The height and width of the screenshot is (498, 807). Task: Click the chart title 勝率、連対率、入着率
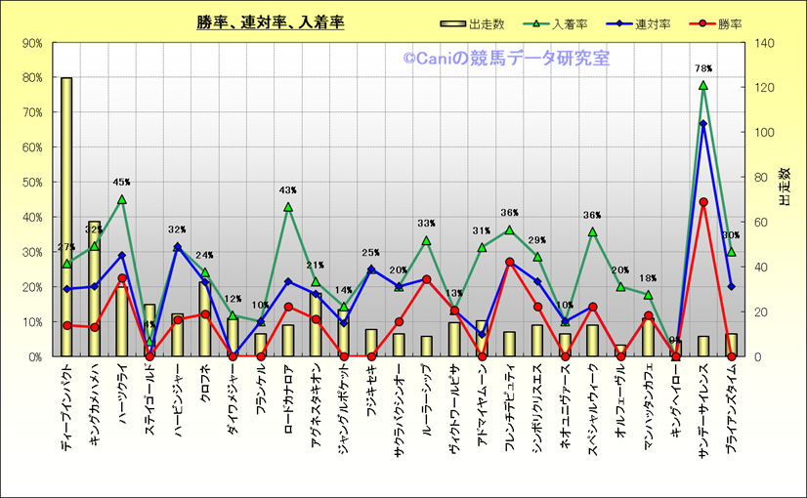coord(270,21)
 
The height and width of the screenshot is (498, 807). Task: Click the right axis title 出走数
coord(785,186)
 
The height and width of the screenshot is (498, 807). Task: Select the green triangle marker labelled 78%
coord(702,86)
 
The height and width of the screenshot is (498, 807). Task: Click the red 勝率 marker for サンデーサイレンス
coord(702,202)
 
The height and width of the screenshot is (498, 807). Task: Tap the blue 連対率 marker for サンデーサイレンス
coord(702,124)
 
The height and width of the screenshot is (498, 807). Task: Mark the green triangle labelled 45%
coord(122,200)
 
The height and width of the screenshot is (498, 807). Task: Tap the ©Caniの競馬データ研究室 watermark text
coord(506,59)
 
